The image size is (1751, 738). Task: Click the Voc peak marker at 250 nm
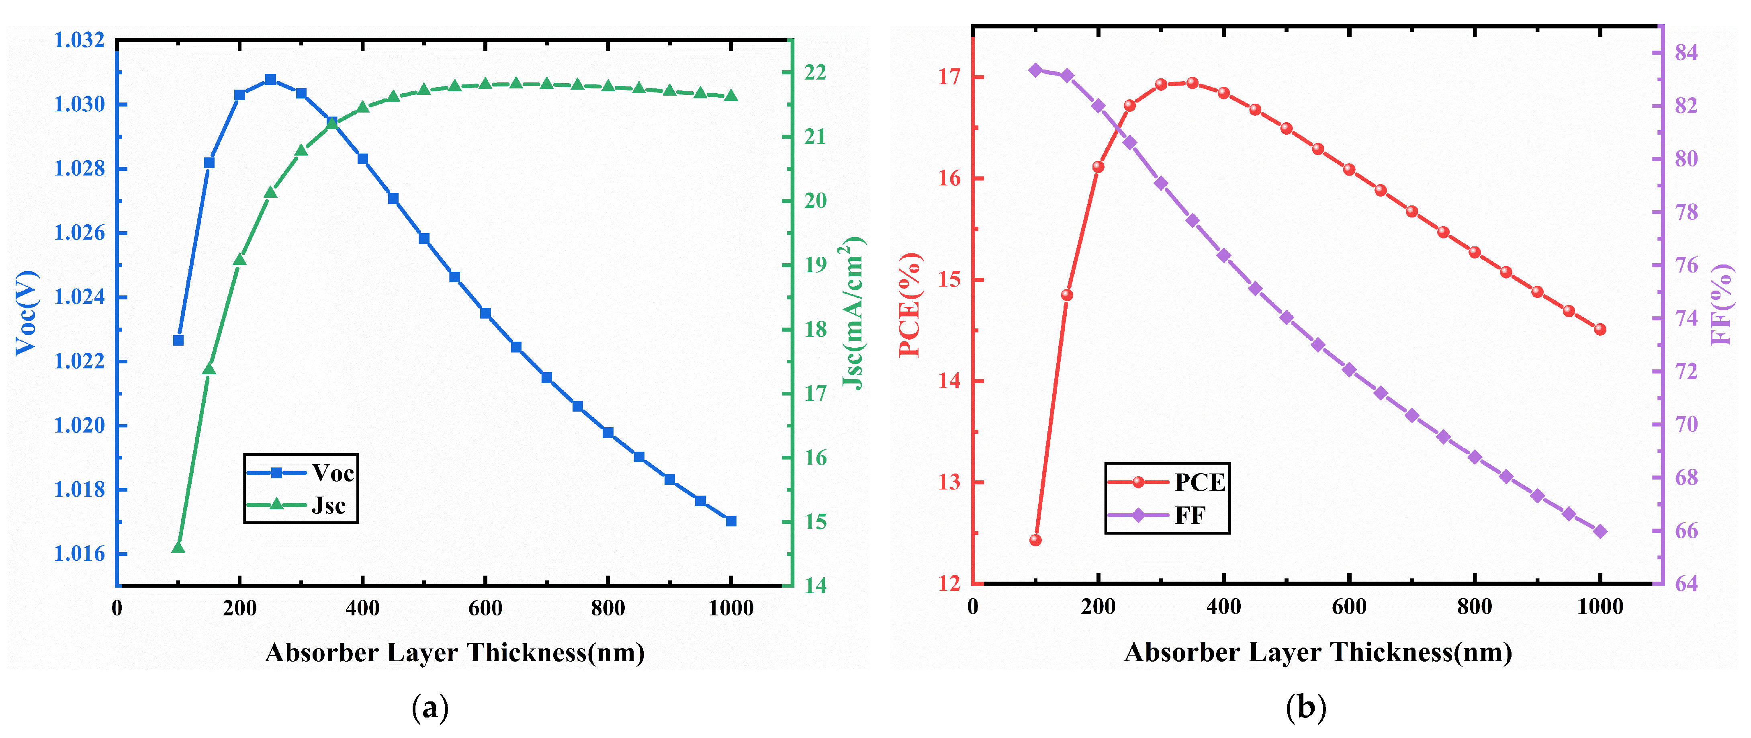270,80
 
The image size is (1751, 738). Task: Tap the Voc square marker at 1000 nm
731,521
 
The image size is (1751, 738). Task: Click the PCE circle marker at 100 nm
1035,541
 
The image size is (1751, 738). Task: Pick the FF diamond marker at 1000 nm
1600,532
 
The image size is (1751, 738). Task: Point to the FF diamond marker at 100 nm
1035,70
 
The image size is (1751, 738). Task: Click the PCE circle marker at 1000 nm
1600,329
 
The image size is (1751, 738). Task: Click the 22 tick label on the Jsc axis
815,73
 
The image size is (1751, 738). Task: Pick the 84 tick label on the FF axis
1686,52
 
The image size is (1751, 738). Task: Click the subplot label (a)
430,708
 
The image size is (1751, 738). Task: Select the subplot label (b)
1306,708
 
